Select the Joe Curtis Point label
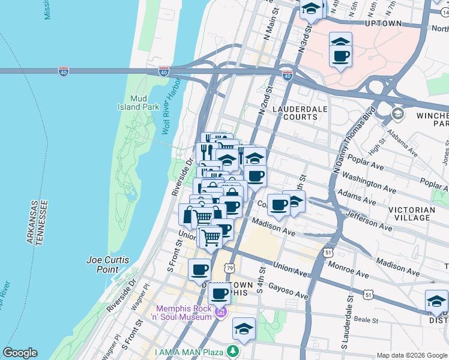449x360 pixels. [x=103, y=265]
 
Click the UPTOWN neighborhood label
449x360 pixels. [x=383, y=23]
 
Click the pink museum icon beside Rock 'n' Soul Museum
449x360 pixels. [x=220, y=312]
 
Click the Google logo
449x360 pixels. [x=20, y=353]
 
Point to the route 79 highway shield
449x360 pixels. [x=231, y=269]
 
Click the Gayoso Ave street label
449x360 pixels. [x=288, y=290]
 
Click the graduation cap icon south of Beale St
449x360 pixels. [x=244, y=329]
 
